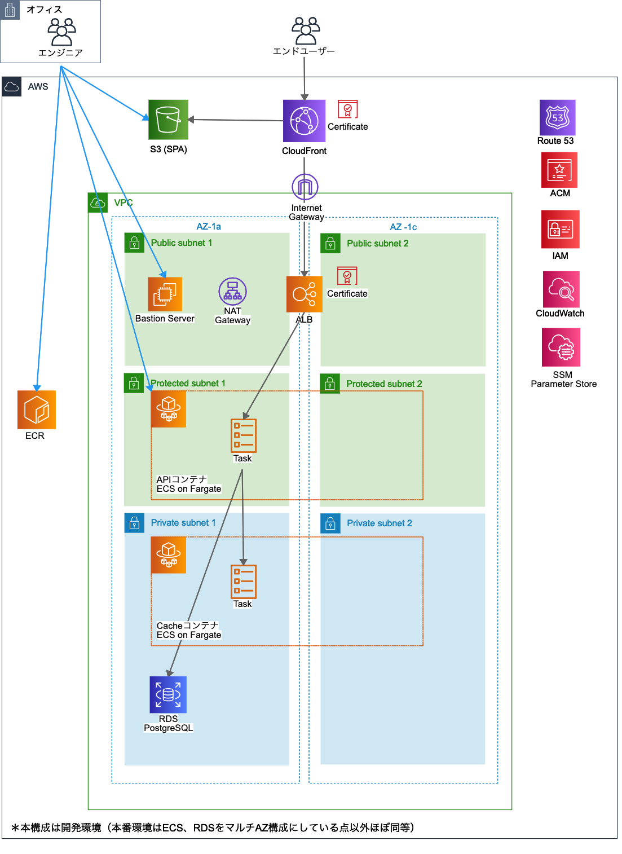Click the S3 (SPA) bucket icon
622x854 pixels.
(168, 120)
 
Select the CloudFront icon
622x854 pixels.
(304, 121)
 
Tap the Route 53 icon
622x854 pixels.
(557, 118)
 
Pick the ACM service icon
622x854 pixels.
(559, 170)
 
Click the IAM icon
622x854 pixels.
(560, 229)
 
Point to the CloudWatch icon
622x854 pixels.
(561, 289)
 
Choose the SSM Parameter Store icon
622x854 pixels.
(561, 347)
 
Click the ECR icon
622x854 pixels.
(37, 410)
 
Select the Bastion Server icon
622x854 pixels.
(165, 294)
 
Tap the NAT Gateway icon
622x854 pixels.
(232, 292)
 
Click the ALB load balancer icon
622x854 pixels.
(304, 294)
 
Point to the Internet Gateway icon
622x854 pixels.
(305, 187)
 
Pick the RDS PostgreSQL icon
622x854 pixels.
(168, 694)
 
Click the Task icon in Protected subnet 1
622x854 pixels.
(244, 435)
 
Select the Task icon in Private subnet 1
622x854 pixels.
(244, 582)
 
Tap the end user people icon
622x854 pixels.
(305, 30)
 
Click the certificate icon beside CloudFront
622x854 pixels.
(347, 109)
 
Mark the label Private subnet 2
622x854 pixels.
(379, 523)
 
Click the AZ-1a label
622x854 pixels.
(209, 227)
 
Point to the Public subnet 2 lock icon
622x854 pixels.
(330, 243)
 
